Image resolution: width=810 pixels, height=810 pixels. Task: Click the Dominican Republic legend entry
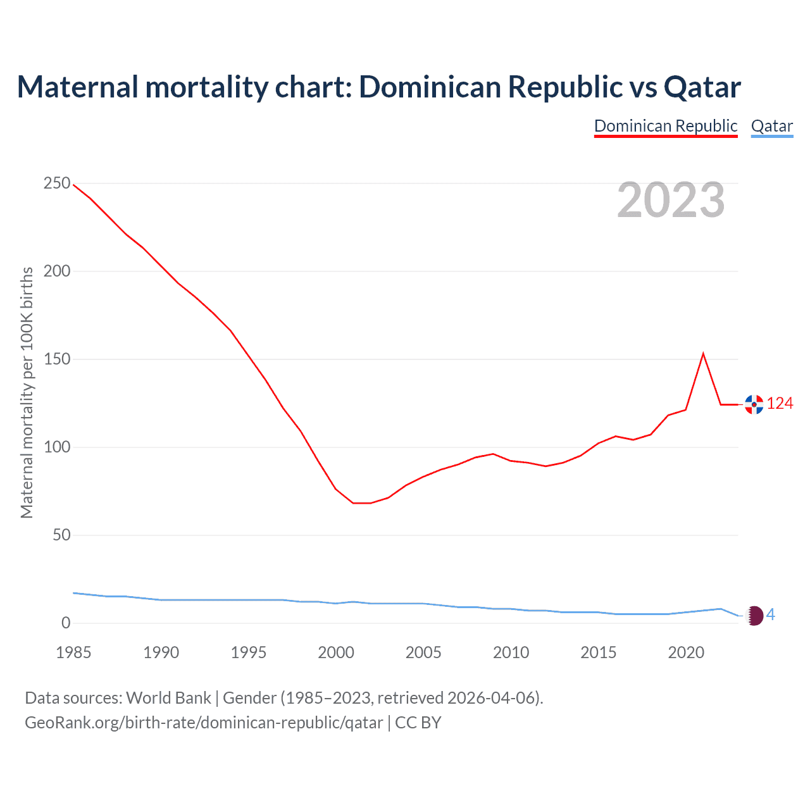[x=666, y=126]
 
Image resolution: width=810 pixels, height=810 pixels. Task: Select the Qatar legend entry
[x=771, y=126]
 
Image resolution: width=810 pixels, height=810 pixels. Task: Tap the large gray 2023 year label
[x=671, y=200]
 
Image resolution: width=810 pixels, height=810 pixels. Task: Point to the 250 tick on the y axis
[x=57, y=184]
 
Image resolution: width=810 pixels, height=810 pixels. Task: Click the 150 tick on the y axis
[x=57, y=359]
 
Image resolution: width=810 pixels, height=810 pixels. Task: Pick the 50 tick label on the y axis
[x=61, y=535]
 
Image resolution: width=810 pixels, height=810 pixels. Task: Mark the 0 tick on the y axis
[x=66, y=623]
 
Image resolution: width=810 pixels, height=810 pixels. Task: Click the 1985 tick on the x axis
[x=73, y=652]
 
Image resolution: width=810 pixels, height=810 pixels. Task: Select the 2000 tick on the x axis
[x=336, y=652]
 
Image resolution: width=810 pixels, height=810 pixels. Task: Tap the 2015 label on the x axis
[x=598, y=652]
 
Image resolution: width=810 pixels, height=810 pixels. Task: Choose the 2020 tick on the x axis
[x=686, y=652]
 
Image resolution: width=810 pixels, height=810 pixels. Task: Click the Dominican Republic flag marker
[x=754, y=404]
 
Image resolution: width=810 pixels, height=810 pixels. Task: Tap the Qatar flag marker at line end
[x=754, y=615]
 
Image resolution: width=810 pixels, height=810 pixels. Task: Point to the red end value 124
[x=780, y=404]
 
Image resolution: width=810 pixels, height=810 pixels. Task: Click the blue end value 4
[x=771, y=614]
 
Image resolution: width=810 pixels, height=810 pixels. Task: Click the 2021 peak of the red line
[x=703, y=353]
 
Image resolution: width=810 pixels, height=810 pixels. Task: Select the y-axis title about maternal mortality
[x=27, y=392]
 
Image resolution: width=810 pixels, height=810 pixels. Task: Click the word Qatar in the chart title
[x=702, y=87]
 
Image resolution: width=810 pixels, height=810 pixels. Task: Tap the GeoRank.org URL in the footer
[x=204, y=723]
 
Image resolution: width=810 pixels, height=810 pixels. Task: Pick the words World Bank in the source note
[x=168, y=698]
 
